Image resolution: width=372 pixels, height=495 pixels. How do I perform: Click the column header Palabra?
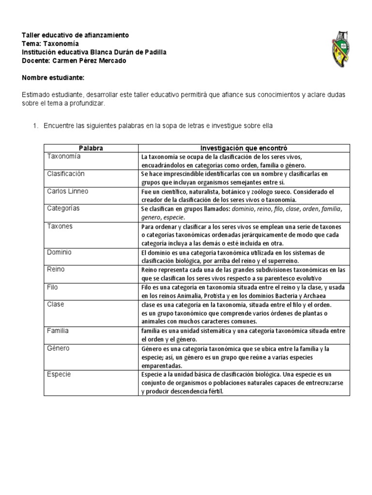click(x=91, y=148)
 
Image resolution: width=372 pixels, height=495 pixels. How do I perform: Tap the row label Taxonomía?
click(x=63, y=157)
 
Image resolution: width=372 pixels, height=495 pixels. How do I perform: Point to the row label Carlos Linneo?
click(x=67, y=191)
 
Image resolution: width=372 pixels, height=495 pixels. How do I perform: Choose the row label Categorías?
click(x=63, y=208)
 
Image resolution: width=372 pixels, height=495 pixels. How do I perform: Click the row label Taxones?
click(x=60, y=226)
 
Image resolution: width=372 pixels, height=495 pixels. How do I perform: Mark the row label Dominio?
click(x=59, y=252)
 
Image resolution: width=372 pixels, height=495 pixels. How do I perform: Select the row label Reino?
click(x=56, y=269)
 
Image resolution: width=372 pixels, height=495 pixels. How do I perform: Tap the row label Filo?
click(x=52, y=287)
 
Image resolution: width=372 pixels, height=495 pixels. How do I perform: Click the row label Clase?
click(x=55, y=305)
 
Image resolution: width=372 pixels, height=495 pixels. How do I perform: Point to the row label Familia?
click(x=58, y=331)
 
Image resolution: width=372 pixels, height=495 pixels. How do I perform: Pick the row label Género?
click(x=58, y=348)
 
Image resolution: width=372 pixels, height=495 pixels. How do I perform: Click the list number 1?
click(x=35, y=126)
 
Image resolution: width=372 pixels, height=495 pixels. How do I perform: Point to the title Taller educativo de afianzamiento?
click(x=76, y=36)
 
